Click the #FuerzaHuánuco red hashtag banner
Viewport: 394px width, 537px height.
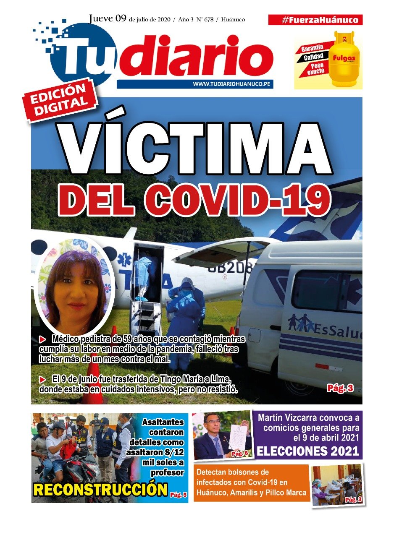pos(315,20)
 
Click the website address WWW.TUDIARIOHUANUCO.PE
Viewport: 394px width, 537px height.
pos(231,84)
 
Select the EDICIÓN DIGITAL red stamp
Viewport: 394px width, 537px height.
pos(60,100)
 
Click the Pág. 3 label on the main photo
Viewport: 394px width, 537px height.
pos(340,388)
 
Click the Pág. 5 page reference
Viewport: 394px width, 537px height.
pos(178,495)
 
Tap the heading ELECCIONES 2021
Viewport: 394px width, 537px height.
pos(308,451)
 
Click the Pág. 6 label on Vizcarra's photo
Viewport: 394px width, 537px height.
pos(239,454)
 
